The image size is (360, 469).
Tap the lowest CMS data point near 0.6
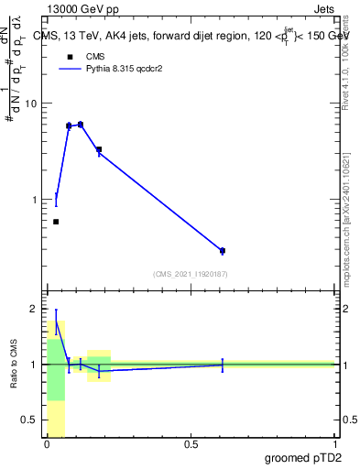(x=56, y=222)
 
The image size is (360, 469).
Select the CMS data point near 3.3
(x=99, y=149)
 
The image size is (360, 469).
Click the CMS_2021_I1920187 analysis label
(x=190, y=273)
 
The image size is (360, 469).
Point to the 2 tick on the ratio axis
(x=34, y=309)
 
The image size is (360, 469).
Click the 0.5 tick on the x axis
(x=191, y=444)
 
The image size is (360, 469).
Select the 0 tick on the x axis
(x=47, y=444)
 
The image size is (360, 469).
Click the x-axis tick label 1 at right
(x=334, y=444)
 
